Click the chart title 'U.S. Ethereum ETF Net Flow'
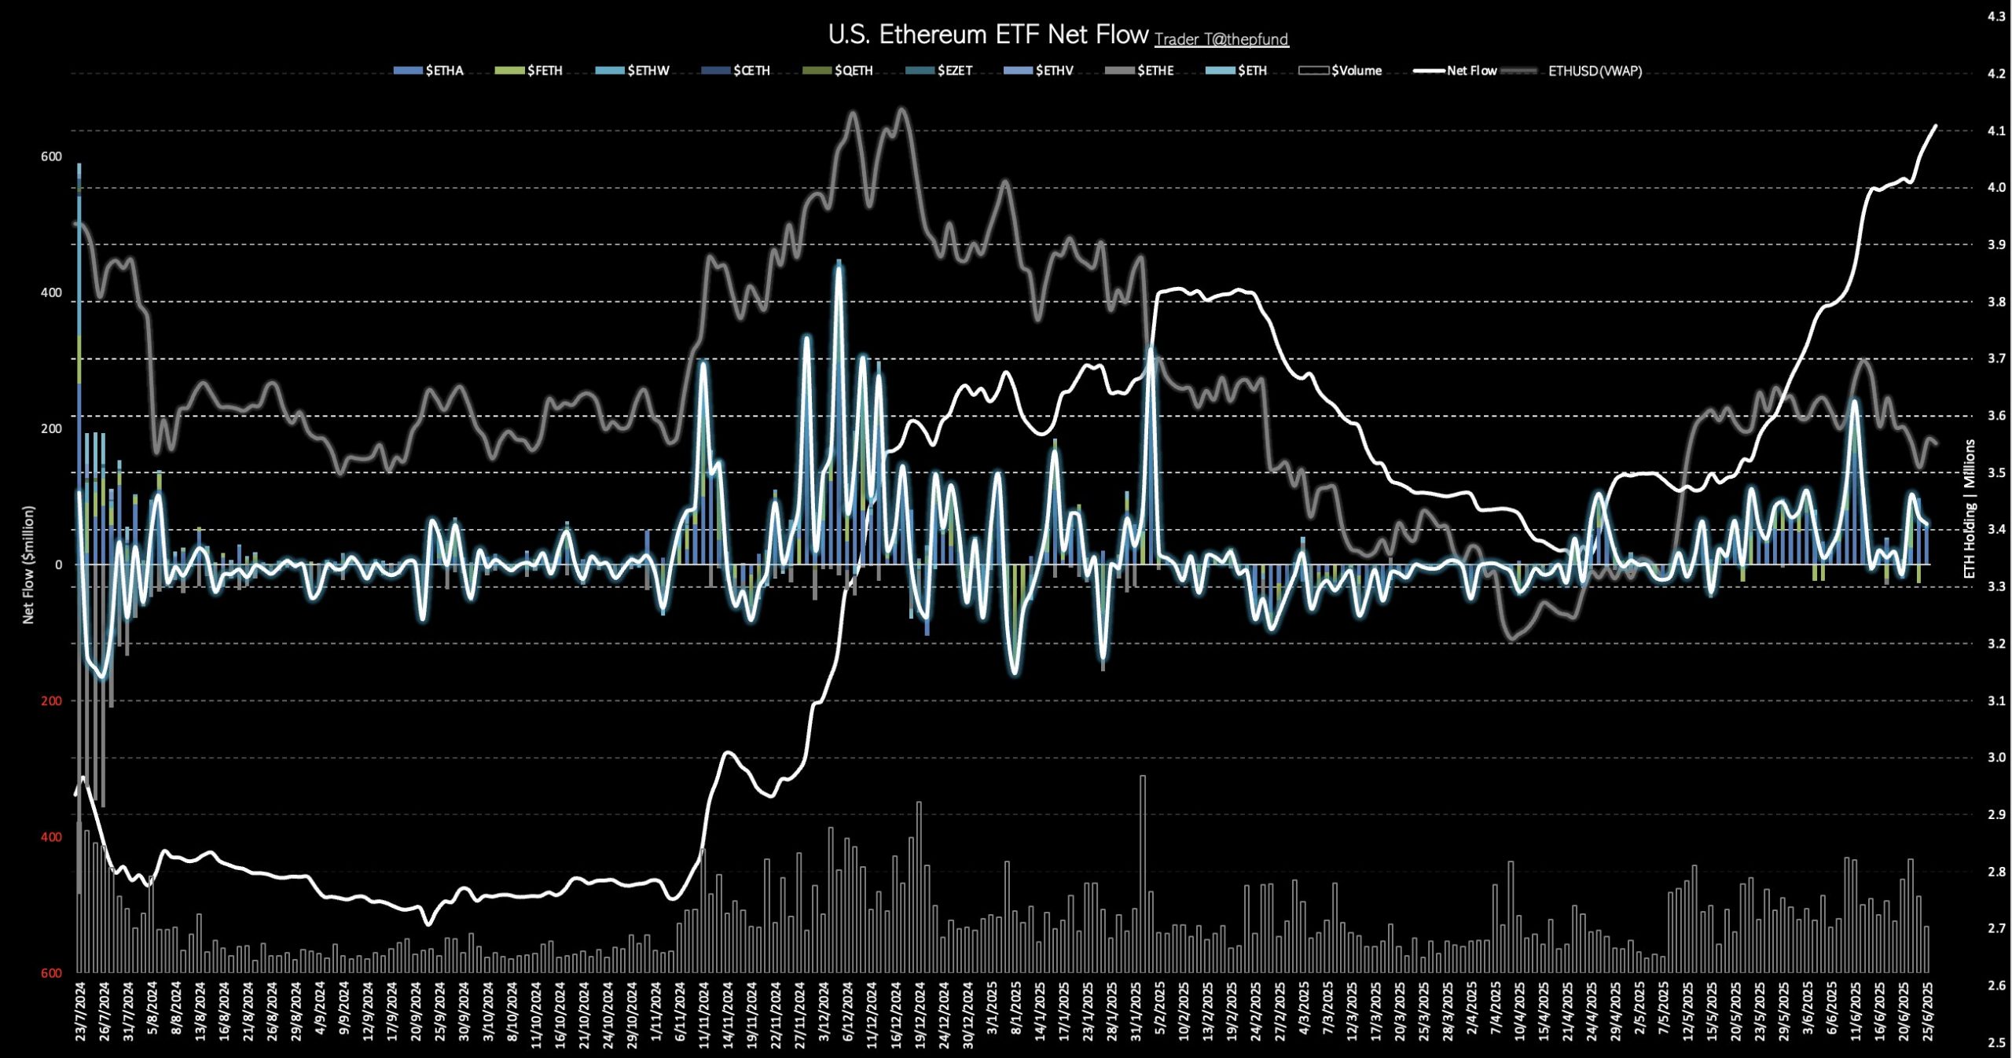tap(988, 35)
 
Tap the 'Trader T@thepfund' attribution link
tap(1221, 39)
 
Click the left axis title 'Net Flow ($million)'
tap(29, 564)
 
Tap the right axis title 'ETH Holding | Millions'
tap(1970, 509)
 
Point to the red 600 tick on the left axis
tap(51, 973)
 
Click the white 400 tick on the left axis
tap(51, 293)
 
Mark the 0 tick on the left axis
tap(58, 565)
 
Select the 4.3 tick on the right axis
tap(1996, 17)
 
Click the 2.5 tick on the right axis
tap(1996, 1043)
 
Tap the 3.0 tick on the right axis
tap(1996, 758)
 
